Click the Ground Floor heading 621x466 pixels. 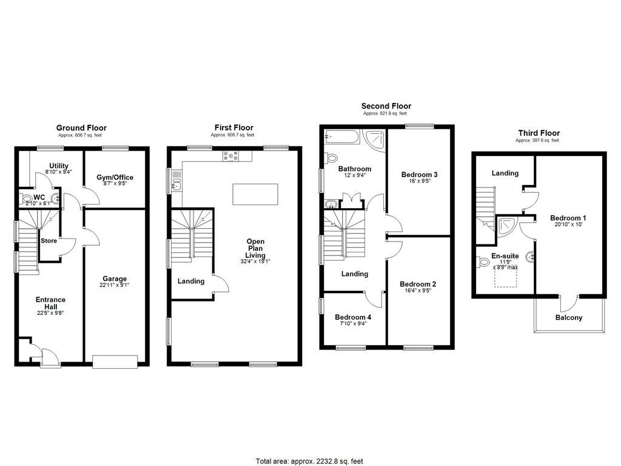pos(81,128)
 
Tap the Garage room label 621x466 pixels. pos(114,279)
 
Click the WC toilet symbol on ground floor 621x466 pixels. pos(26,198)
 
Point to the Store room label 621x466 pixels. pos(49,241)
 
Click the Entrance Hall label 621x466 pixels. pos(50,300)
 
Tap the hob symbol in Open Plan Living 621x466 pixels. pos(230,157)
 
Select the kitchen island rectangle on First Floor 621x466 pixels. pos(255,194)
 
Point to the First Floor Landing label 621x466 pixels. pos(190,281)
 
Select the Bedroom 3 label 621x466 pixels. pos(419,175)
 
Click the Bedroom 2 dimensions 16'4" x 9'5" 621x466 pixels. pos(418,291)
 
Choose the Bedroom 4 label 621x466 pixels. pos(353,317)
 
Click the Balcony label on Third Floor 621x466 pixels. pos(568,317)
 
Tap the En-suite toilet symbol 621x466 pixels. pos(483,262)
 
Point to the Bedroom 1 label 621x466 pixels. pos(568,218)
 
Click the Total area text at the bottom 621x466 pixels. pos(309,461)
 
